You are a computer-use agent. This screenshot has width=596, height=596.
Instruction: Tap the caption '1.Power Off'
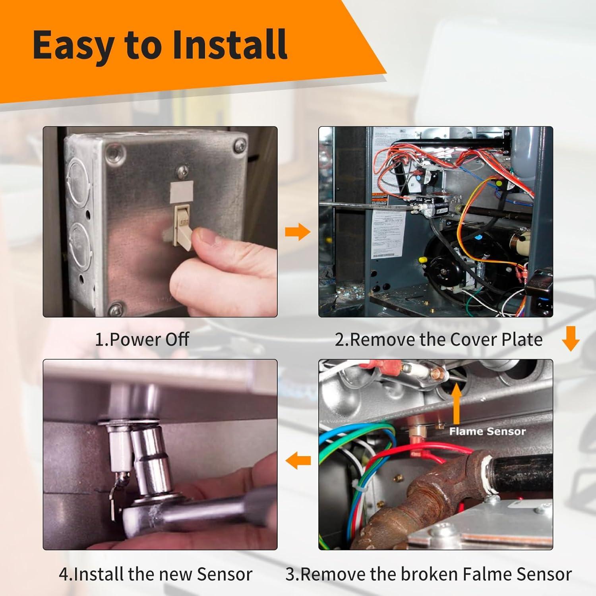[x=142, y=340]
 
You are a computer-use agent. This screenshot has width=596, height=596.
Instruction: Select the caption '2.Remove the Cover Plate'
[x=438, y=340]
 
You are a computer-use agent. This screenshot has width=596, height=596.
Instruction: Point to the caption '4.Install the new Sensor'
[x=155, y=574]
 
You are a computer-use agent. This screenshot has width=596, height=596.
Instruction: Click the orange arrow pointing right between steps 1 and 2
[x=298, y=232]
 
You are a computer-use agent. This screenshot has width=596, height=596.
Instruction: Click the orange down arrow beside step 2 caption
[x=571, y=339]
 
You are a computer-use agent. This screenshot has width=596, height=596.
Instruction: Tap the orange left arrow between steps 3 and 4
[x=298, y=461]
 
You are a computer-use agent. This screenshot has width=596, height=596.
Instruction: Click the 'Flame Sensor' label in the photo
[x=487, y=432]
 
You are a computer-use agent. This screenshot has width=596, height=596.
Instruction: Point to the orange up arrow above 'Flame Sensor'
[x=457, y=403]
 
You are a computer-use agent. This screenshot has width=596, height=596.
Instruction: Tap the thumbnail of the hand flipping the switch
[x=160, y=222]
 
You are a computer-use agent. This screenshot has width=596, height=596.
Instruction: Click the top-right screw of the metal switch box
[x=240, y=143]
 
